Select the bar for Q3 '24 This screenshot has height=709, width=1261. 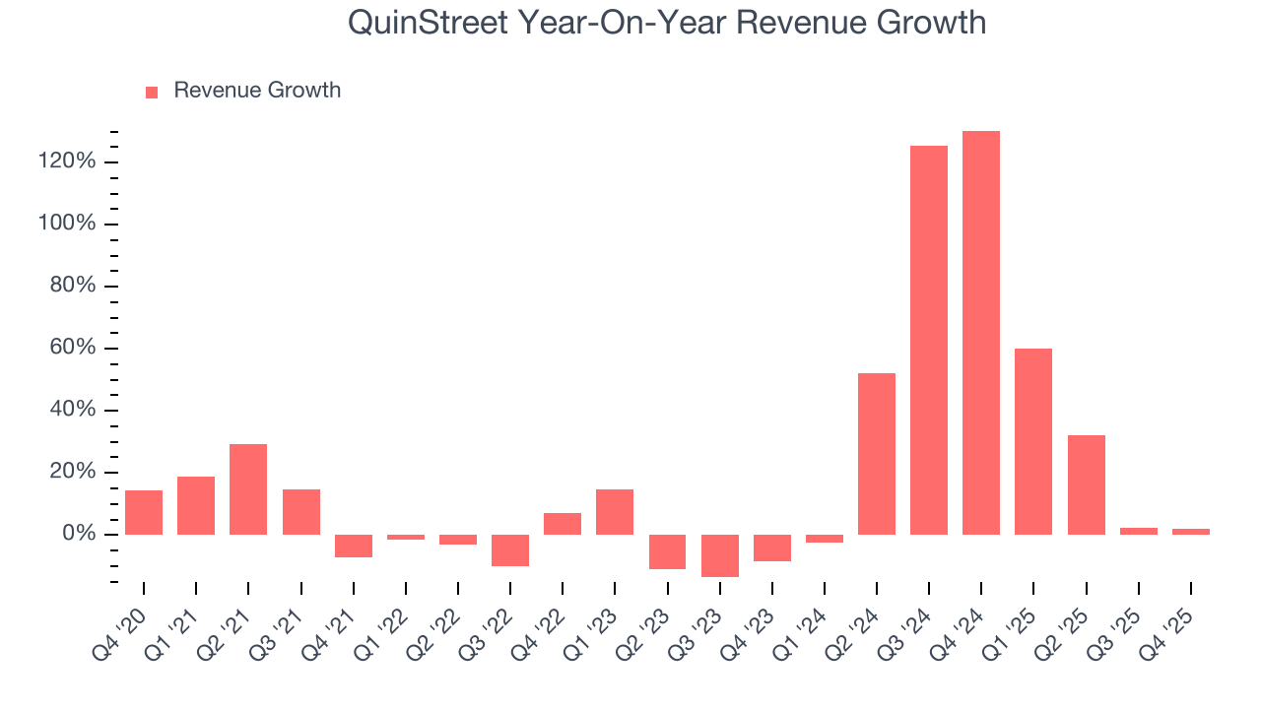(x=928, y=340)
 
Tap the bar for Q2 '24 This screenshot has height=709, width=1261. (x=876, y=454)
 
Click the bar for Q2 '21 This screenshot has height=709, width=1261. (x=248, y=489)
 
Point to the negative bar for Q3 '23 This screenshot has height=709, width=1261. (x=719, y=555)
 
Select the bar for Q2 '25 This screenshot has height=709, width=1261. (x=1086, y=484)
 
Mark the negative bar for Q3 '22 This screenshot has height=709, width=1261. (x=510, y=550)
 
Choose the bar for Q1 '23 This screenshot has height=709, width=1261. (x=615, y=512)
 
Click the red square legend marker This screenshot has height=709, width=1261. (x=152, y=92)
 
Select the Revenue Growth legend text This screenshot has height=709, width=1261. (x=257, y=91)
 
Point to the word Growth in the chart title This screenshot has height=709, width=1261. (x=931, y=23)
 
